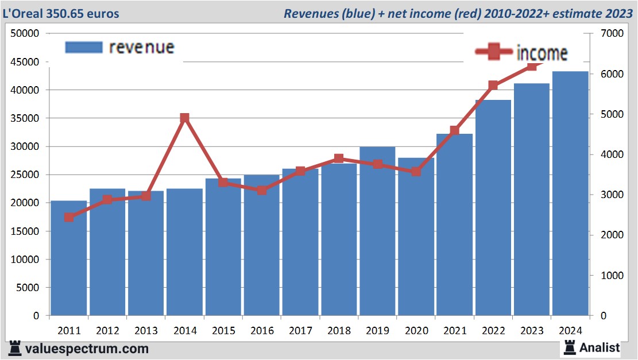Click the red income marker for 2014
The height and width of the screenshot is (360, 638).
pyautogui.click(x=184, y=118)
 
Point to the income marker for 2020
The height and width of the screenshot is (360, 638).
pyautogui.click(x=416, y=172)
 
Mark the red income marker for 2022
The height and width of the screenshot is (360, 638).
pyautogui.click(x=493, y=86)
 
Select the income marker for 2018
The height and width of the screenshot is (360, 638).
pyautogui.click(x=339, y=158)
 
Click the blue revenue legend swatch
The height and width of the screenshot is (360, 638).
pyautogui.click(x=84, y=47)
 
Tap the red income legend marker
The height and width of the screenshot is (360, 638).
pyautogui.click(x=493, y=52)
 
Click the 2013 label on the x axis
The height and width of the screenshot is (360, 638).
pyautogui.click(x=146, y=331)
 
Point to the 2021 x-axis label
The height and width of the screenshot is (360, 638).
pyautogui.click(x=454, y=331)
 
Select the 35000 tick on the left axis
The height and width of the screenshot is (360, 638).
pyautogui.click(x=26, y=118)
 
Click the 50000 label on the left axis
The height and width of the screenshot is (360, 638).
pyautogui.click(x=26, y=33)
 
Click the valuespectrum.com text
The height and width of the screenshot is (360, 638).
pyautogui.click(x=87, y=349)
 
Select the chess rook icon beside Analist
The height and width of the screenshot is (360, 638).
pyautogui.click(x=570, y=347)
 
